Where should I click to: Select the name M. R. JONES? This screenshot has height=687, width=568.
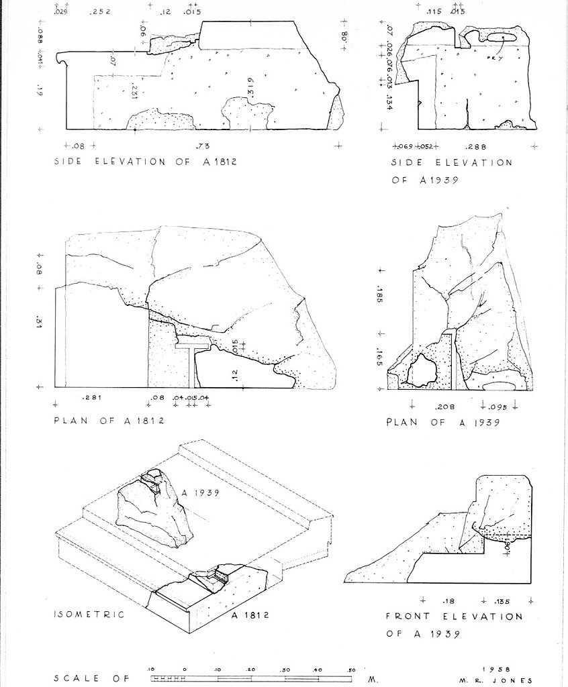tap(497, 680)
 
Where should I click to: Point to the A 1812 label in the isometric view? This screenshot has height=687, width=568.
tap(249, 615)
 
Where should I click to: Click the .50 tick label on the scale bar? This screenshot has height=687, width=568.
tap(351, 670)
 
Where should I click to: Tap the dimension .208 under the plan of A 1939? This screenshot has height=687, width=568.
tap(445, 407)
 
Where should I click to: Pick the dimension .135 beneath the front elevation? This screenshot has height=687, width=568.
tap(502, 600)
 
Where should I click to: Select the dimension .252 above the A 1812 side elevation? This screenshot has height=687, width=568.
tap(101, 11)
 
